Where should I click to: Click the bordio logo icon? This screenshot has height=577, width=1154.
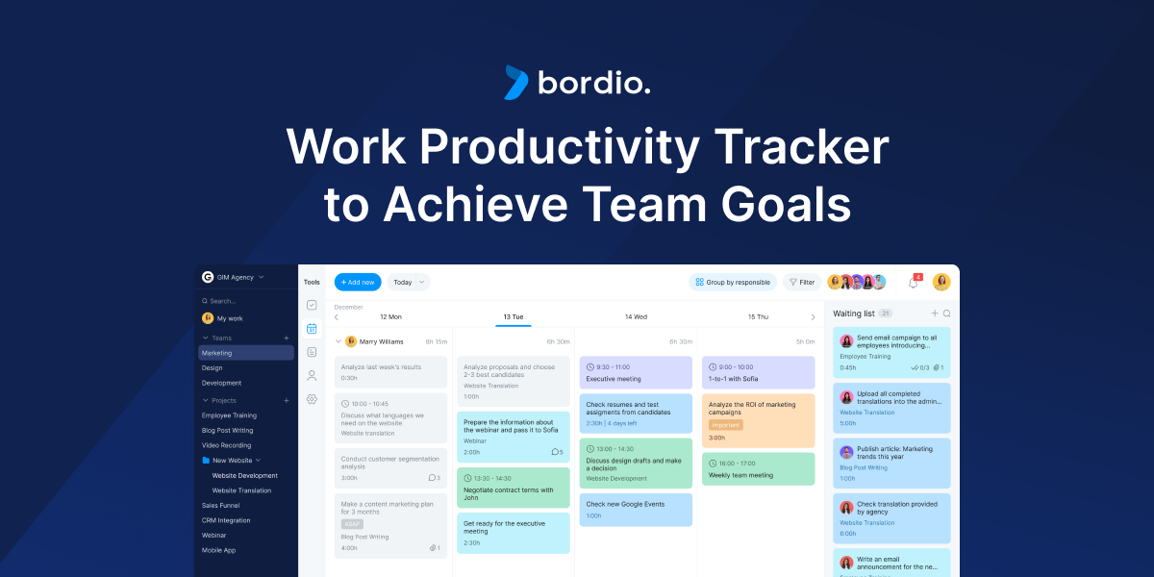pos(516,83)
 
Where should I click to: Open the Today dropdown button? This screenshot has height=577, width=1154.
pos(409,282)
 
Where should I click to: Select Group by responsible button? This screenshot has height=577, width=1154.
pos(732,282)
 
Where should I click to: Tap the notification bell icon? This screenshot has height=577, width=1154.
pos(913,282)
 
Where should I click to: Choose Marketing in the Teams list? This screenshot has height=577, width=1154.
pos(217,353)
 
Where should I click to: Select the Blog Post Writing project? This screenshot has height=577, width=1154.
pos(227,430)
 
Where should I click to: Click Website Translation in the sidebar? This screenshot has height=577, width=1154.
pos(241,490)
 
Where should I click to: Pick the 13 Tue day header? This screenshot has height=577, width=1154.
pos(513,316)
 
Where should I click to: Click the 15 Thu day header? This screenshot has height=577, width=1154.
pos(758,316)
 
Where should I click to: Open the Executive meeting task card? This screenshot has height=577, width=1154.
pos(636,372)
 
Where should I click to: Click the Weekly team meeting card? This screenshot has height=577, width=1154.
pos(758,468)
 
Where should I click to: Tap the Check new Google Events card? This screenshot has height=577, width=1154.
pos(636,510)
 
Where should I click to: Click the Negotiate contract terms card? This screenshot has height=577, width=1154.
pos(513,488)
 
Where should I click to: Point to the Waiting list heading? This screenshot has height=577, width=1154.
pos(853,314)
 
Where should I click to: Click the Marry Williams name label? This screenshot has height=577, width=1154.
pos(381,341)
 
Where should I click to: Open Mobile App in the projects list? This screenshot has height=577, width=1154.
pos(218,550)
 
